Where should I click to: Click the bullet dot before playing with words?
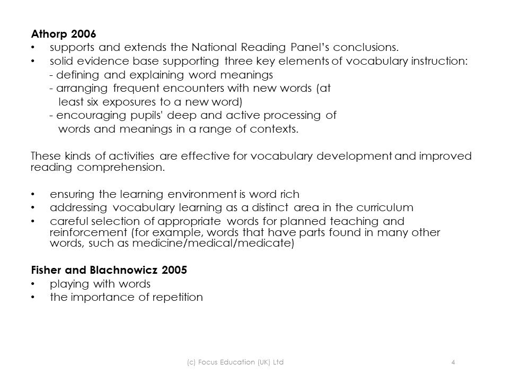click(34, 284)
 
